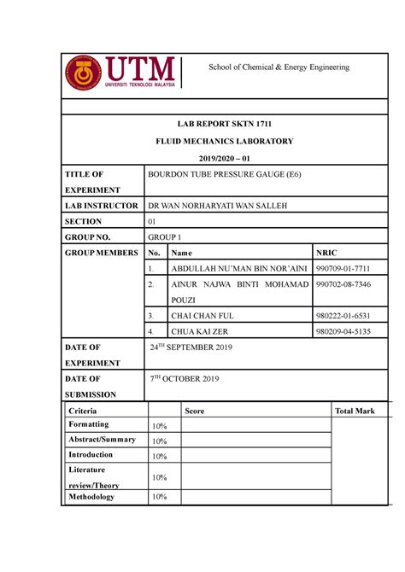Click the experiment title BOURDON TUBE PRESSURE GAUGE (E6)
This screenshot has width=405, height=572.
(225, 174)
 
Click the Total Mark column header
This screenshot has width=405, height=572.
(355, 411)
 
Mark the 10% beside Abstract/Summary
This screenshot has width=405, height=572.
(159, 441)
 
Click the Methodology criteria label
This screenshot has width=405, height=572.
(91, 496)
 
